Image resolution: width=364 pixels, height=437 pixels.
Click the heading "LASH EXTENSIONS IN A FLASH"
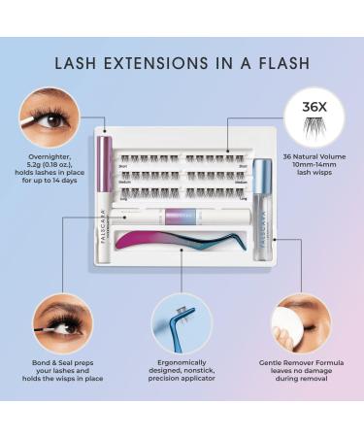click(x=182, y=64)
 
